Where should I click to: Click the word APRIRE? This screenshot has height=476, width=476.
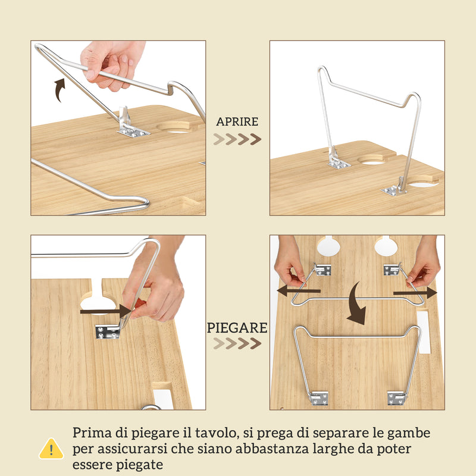click(x=237, y=121)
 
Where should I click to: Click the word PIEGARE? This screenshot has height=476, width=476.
click(x=237, y=327)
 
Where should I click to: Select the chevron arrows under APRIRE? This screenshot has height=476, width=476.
click(x=237, y=140)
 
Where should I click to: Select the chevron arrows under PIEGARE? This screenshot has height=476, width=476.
click(x=237, y=344)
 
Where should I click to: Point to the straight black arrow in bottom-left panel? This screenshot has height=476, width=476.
click(x=107, y=311)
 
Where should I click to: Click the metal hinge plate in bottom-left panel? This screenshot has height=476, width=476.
click(x=108, y=331)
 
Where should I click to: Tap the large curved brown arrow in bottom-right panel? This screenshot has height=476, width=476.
click(x=357, y=303)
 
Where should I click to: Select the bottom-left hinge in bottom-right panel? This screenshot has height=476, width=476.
click(x=319, y=397)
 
